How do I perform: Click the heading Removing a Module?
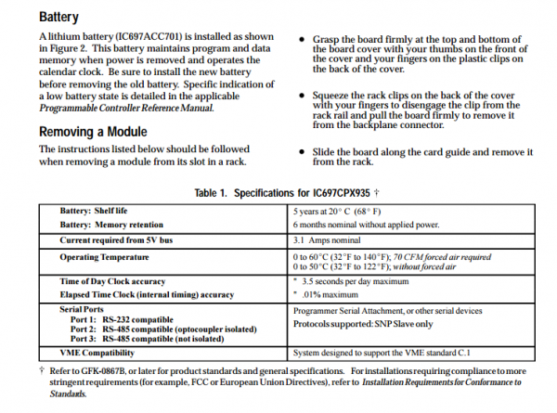(93, 131)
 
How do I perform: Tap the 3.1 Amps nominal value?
(326, 239)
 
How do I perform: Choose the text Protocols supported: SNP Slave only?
(362, 324)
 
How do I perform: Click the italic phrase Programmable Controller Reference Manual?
(124, 107)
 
